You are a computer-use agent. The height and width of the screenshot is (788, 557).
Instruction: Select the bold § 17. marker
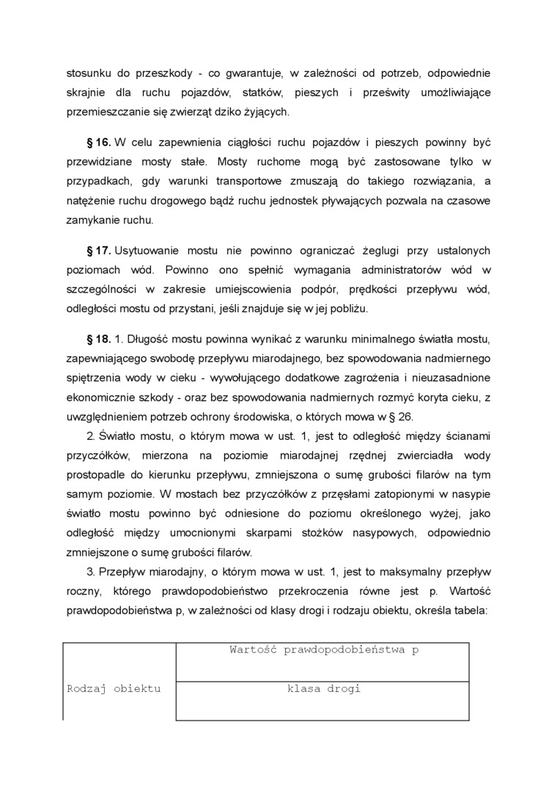tap(99, 251)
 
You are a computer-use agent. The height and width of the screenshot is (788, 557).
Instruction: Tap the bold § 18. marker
tap(99, 339)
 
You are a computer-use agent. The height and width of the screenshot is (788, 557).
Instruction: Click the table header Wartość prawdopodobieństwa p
tap(323, 650)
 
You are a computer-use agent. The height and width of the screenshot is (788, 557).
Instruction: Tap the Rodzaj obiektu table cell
tap(114, 689)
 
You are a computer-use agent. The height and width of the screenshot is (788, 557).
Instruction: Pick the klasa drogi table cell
tap(323, 689)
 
